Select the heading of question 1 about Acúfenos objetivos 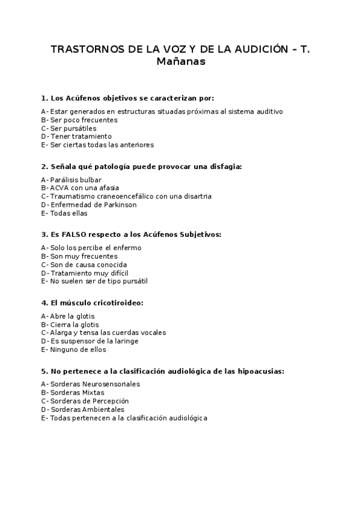click(127, 98)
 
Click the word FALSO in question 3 click(70, 234)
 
